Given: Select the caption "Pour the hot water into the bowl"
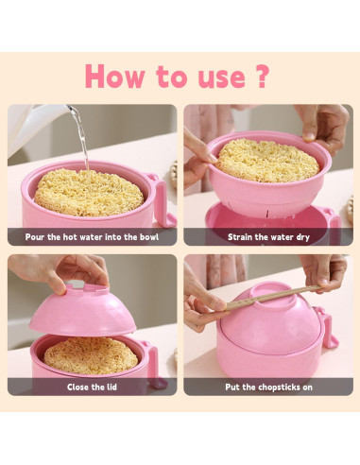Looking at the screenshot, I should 93,237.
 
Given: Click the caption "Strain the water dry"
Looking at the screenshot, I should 268,237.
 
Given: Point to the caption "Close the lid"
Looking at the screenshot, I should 92,387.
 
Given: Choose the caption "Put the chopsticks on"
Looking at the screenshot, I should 268,387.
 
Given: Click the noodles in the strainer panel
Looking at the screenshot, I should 268,162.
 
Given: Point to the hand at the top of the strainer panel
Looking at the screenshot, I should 321,123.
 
